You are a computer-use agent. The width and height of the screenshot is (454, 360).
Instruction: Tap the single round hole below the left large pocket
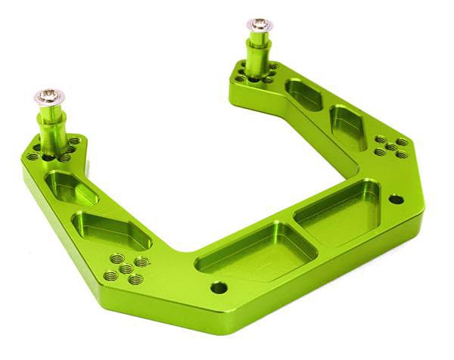click(218, 287)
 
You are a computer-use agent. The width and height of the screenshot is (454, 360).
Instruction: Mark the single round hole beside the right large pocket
click(395, 200)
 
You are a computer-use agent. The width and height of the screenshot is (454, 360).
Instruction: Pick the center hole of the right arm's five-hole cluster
click(390, 146)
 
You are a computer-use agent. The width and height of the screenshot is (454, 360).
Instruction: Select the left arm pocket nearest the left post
click(73, 187)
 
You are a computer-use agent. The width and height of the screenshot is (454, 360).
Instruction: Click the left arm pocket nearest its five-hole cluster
click(113, 231)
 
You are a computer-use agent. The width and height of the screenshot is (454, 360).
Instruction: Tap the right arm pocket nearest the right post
click(304, 95)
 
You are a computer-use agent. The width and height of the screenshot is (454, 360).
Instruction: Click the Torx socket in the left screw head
click(48, 96)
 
